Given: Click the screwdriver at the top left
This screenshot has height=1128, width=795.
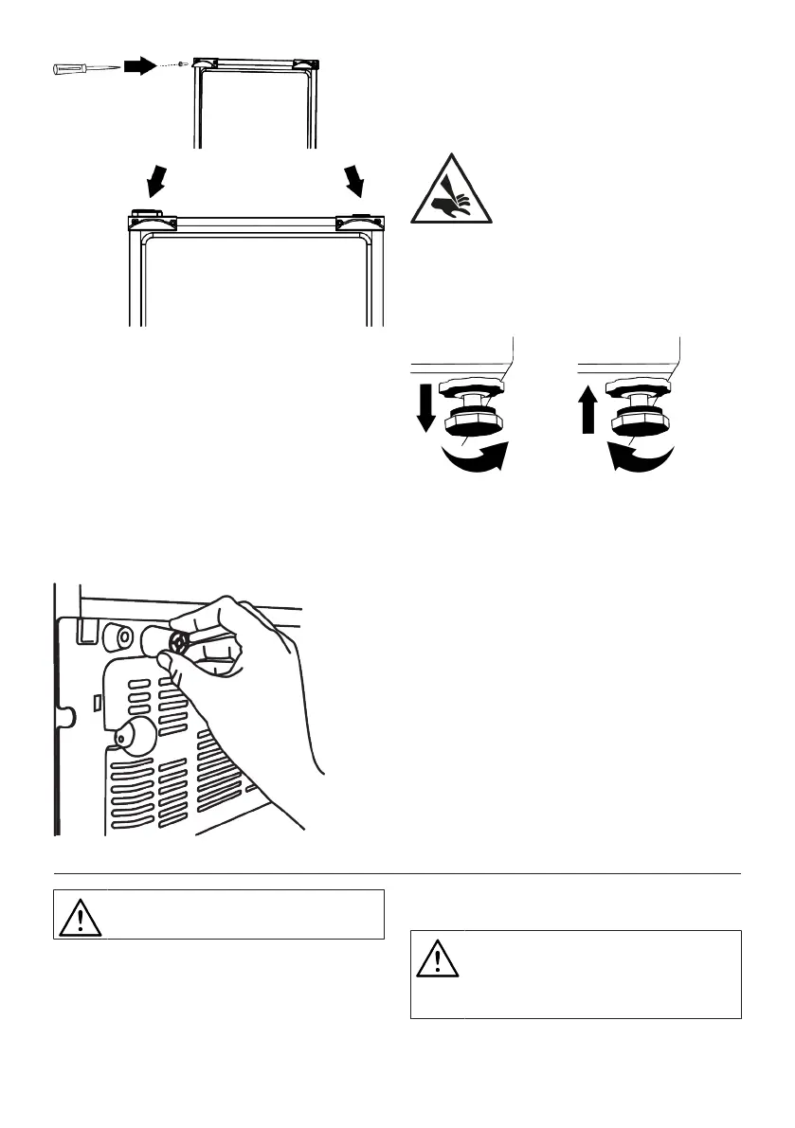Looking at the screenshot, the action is tap(84, 68).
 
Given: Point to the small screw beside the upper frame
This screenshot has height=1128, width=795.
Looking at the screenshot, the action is tap(181, 64).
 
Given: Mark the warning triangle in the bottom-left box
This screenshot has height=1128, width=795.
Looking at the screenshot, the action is tap(80, 915).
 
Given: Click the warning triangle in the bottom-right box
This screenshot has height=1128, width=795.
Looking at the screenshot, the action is tap(437, 958).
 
